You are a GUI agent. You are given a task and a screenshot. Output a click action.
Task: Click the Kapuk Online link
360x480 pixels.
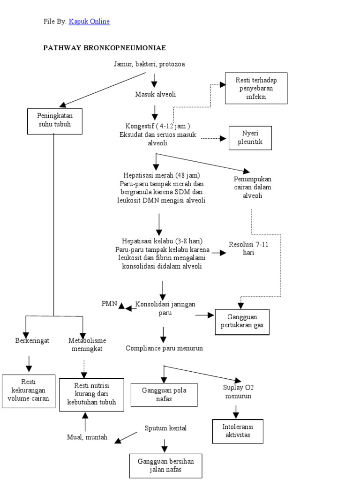tap(89, 22)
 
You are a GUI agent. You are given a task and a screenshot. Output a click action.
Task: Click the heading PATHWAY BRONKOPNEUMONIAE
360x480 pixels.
tap(105, 48)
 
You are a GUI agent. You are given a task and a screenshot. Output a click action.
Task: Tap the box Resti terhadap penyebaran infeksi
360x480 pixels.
tap(256, 88)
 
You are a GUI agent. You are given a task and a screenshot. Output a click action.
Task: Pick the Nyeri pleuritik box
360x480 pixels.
tap(250, 138)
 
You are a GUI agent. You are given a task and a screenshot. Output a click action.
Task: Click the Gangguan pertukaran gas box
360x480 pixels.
tap(242, 322)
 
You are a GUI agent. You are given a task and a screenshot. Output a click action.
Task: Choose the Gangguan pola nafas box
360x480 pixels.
tap(164, 394)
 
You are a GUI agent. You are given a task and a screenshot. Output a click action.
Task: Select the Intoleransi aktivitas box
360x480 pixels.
tap(237, 431)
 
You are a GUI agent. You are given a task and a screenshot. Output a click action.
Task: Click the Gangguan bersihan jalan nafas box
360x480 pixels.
tap(165, 465)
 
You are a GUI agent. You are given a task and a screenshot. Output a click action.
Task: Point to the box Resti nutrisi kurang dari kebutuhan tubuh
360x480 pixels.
tap(92, 394)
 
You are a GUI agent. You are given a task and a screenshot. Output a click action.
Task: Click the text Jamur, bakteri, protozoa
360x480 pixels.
tap(149, 64)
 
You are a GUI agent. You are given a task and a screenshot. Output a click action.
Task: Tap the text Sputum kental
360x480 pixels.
tap(165, 428)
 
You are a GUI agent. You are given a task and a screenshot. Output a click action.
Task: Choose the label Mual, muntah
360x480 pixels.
tap(87, 437)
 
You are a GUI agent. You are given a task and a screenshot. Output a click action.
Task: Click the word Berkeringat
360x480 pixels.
tap(32, 340)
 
